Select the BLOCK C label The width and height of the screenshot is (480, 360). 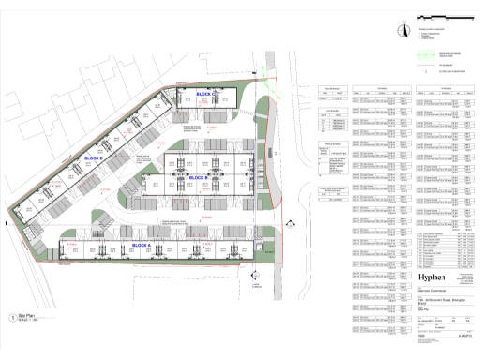205,95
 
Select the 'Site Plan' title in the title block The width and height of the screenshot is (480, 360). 423,321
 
